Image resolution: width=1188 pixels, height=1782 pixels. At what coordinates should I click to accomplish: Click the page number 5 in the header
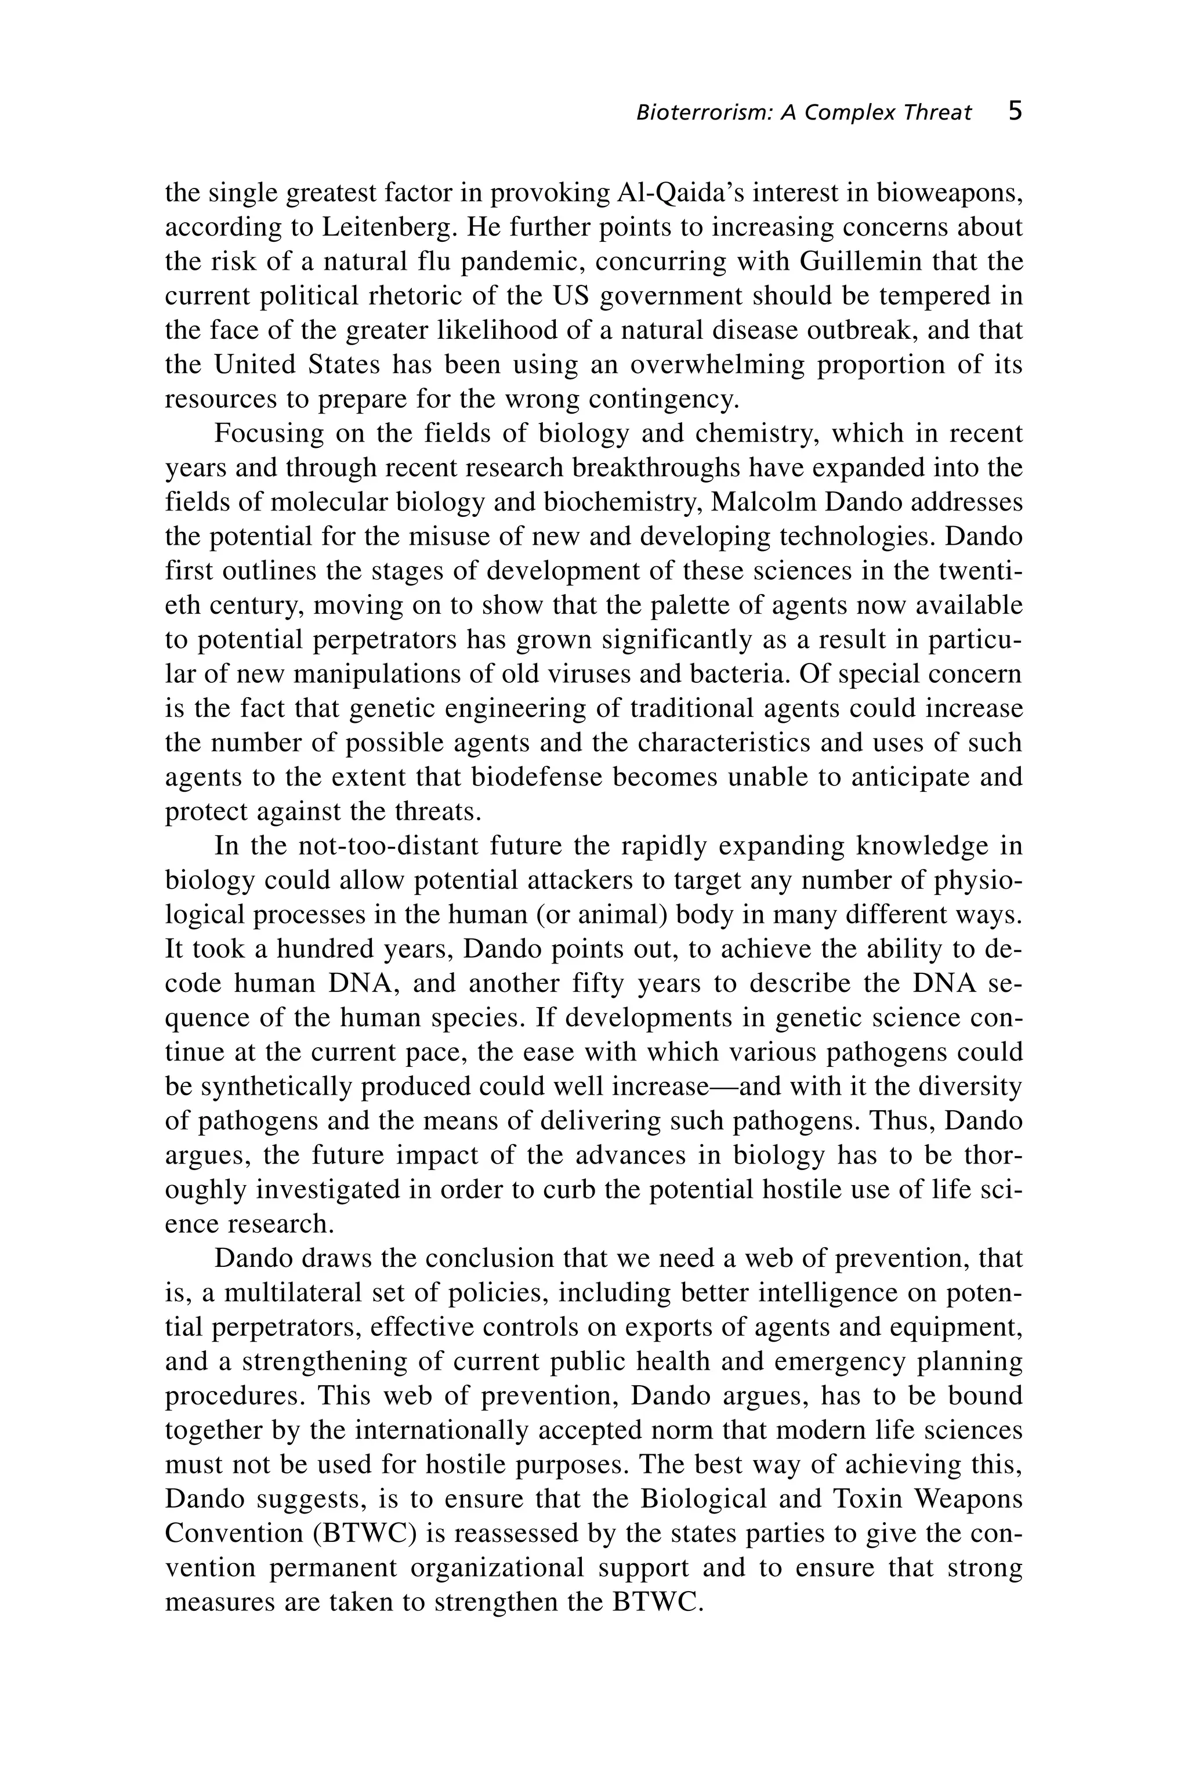(x=1015, y=111)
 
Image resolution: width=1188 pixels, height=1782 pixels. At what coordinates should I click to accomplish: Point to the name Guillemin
(x=860, y=262)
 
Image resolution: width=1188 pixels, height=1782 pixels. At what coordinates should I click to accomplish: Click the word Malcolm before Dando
(x=767, y=502)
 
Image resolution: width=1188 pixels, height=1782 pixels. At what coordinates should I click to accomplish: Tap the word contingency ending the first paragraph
(x=664, y=399)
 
